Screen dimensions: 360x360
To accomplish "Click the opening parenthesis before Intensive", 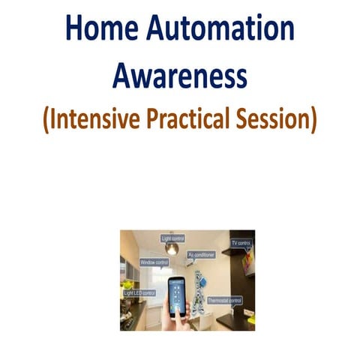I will pyautogui.click(x=47, y=119).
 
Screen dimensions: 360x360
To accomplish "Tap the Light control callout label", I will pyautogui.click(x=173, y=238).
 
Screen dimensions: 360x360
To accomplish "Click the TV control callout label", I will pyautogui.click(x=241, y=244).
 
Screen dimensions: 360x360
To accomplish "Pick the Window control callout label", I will pyautogui.click(x=154, y=263).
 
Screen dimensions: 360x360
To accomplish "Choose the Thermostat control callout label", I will pyautogui.click(x=224, y=300).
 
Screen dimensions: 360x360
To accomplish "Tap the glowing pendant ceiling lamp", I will pyautogui.click(x=172, y=248).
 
